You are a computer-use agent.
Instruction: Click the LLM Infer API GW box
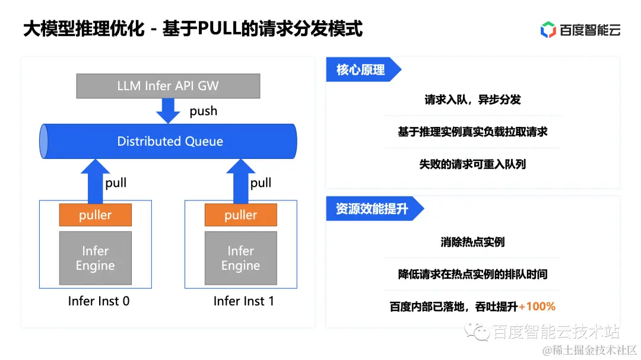coord(168,85)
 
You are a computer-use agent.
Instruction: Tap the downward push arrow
coord(168,110)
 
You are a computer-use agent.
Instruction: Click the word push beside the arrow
coord(203,111)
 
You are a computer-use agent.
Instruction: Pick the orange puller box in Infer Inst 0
coord(95,215)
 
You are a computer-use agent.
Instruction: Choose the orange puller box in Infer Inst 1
coord(240,215)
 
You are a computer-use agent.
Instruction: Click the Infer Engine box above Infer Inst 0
coord(95,258)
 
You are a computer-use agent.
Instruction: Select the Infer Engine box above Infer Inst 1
coord(240,258)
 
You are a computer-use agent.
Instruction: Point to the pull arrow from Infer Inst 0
coord(95,181)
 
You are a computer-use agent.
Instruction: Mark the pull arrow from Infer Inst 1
coord(240,181)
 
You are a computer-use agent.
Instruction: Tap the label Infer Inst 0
coord(99,301)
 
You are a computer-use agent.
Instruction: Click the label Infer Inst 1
coord(244,301)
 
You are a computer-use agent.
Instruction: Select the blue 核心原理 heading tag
coord(361,70)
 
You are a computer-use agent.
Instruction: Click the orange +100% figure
coord(537,307)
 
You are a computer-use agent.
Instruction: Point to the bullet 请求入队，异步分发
coord(472,100)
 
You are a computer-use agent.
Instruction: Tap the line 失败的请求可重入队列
coord(472,164)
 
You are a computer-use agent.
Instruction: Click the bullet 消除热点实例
coord(472,242)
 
